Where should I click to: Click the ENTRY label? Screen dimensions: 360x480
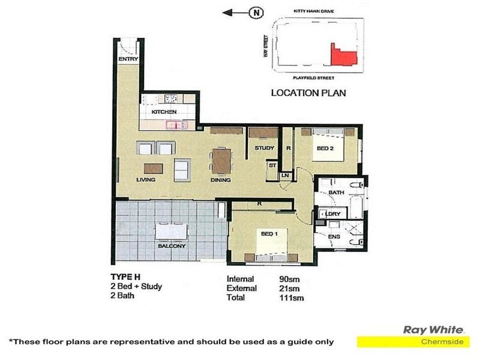tap(128, 59)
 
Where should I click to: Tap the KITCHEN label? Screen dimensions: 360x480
tap(163, 112)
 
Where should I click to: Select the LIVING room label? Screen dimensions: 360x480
tap(146, 179)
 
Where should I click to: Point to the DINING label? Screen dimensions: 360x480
tap(221, 179)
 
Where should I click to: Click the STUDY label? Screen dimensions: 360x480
tap(264, 148)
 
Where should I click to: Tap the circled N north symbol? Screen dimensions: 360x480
tap(256, 12)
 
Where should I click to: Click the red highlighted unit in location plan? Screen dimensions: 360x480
tap(342, 55)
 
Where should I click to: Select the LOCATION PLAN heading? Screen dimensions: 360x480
tap(308, 93)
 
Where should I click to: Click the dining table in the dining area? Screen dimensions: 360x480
tap(221, 161)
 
